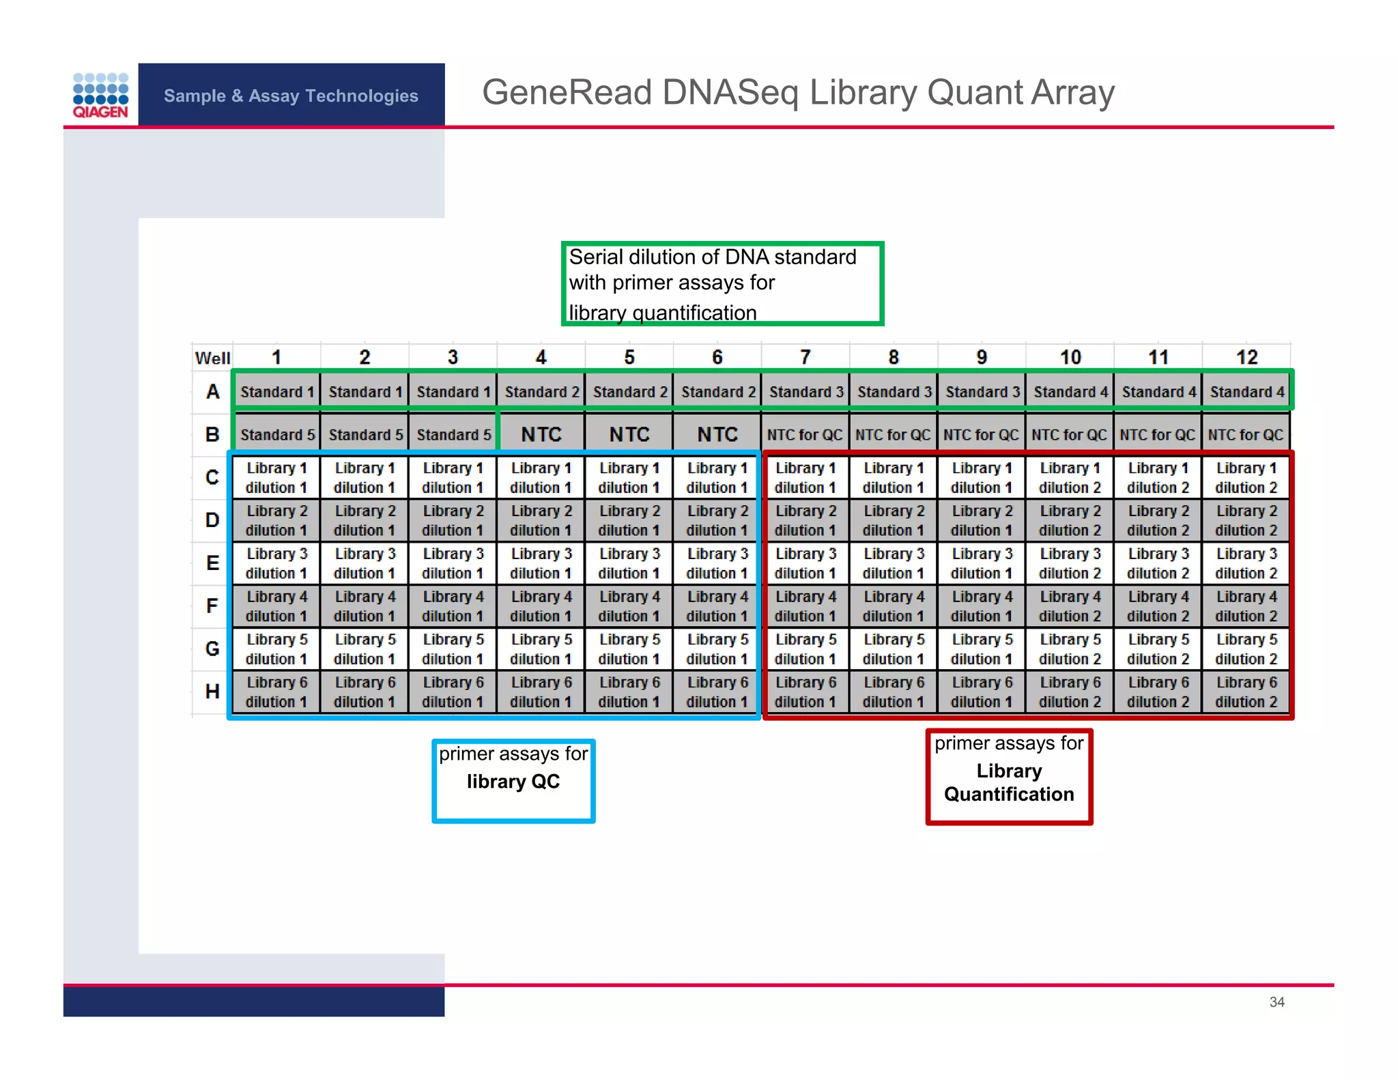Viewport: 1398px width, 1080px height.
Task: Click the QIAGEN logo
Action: click(100, 96)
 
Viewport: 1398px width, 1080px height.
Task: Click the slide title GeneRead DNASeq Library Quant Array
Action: click(797, 92)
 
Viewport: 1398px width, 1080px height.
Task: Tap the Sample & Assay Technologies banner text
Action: click(291, 96)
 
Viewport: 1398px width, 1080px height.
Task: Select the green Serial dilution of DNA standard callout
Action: click(722, 284)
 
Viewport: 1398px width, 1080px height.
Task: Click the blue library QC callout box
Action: click(513, 780)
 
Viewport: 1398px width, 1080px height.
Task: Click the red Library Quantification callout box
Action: click(1009, 777)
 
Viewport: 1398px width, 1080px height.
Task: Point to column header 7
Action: click(805, 357)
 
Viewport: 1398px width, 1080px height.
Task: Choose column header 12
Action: click(1246, 357)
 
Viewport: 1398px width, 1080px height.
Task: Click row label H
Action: click(212, 691)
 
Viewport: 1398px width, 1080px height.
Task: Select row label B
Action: click(212, 434)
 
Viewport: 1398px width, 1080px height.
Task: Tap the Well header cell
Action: click(212, 358)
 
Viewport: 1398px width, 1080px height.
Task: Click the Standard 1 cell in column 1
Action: click(276, 392)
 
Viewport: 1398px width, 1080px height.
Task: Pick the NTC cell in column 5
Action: click(629, 434)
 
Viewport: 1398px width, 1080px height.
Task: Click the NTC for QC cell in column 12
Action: click(1246, 434)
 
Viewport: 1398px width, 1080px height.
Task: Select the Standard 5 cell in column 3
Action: click(453, 434)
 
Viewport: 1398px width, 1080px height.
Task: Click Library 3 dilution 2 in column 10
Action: click(1070, 563)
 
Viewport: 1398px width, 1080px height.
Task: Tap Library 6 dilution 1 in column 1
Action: click(276, 692)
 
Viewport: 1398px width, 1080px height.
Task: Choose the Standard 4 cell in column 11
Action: click(1158, 392)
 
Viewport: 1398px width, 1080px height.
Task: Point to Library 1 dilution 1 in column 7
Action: click(805, 478)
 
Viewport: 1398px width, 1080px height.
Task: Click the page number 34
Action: click(1276, 1001)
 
